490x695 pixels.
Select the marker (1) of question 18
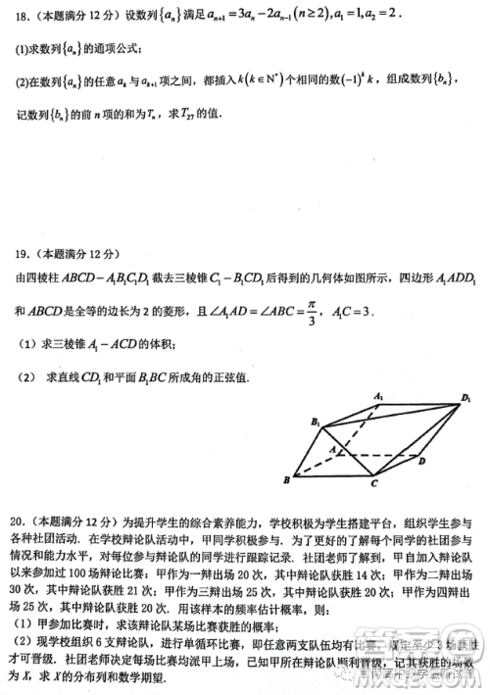(x=19, y=48)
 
